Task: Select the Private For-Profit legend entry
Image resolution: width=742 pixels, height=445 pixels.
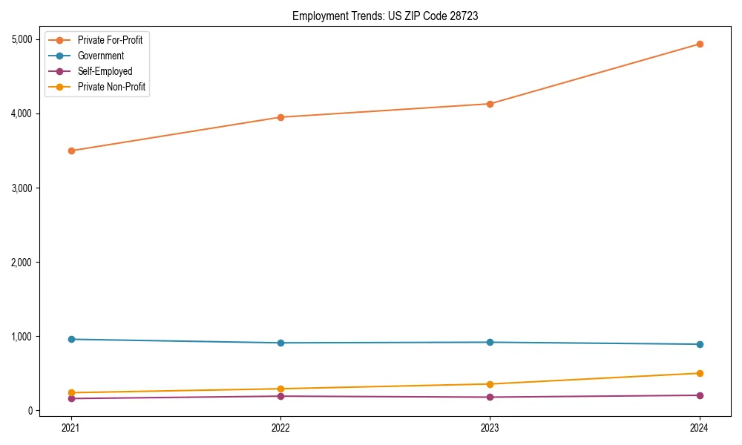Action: pos(110,40)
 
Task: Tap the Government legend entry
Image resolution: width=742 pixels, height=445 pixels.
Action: pos(101,56)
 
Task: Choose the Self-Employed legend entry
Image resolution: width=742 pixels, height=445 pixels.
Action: pos(105,71)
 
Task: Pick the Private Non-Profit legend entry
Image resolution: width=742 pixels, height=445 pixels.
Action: pos(111,87)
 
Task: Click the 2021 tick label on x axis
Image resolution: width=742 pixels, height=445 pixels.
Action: pos(71,427)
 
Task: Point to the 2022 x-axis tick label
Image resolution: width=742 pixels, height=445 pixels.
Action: pos(280,427)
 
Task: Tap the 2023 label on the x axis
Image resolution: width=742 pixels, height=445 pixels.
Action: pos(490,427)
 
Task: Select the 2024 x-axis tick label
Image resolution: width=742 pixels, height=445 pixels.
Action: pos(700,427)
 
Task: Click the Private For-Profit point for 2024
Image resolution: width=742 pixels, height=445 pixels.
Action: pos(700,44)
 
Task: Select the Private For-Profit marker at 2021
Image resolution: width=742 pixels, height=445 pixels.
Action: pos(71,151)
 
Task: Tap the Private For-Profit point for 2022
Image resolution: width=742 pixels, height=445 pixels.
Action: pos(280,117)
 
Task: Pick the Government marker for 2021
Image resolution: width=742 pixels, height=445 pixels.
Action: pos(71,339)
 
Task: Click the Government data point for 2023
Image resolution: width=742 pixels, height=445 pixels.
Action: pos(490,342)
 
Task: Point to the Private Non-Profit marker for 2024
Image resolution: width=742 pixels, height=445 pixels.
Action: pos(700,373)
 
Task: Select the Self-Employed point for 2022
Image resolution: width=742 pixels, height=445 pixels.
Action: pos(280,396)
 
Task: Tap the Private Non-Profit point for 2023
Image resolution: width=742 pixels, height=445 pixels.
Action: pos(490,384)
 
